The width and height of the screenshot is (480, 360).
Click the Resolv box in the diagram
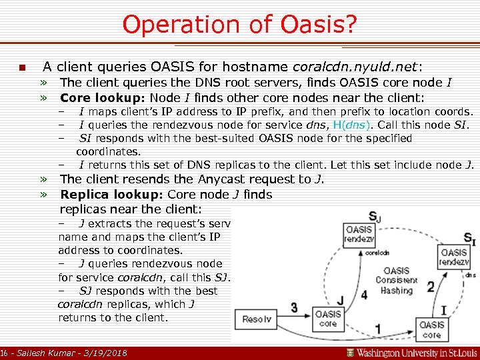[x=257, y=319]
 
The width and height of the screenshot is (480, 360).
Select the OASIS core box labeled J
[x=327, y=318]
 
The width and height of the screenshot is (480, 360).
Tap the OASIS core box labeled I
[x=431, y=329]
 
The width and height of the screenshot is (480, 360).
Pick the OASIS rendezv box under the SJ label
[x=359, y=235]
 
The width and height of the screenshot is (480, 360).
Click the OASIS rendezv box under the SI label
[x=454, y=257]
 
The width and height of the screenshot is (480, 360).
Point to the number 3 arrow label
[x=294, y=307]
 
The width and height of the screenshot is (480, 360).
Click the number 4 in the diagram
[x=363, y=294]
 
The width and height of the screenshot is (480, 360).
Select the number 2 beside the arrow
[x=430, y=287]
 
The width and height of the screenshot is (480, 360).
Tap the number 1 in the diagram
[x=378, y=329]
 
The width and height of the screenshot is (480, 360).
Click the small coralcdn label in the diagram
[x=377, y=253]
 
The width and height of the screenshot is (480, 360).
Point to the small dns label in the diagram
[x=469, y=275]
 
